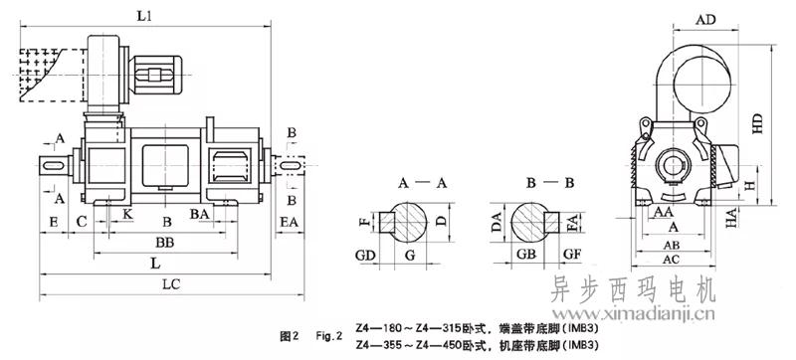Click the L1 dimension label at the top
tap(144, 16)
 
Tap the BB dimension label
tap(165, 243)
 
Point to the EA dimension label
tap(290, 222)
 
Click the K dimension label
tap(128, 214)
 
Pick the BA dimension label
tap(200, 214)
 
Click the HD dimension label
tap(757, 123)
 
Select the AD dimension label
tap(705, 20)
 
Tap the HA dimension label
tap(731, 218)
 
